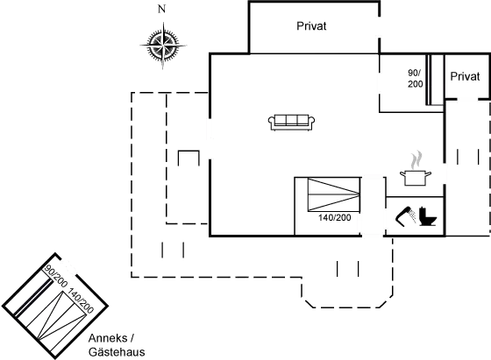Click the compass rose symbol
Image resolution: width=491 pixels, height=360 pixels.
[163, 46]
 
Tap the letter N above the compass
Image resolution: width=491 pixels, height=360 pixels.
[161, 10]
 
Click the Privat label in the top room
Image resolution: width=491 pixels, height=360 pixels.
[311, 26]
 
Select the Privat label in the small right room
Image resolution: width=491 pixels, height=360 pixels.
[465, 76]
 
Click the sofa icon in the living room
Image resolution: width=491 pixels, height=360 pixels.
[291, 123]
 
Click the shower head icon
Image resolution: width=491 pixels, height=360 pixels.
[406, 215]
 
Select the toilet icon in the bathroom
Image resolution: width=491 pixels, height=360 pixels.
[428, 216]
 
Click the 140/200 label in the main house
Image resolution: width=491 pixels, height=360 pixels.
[335, 218]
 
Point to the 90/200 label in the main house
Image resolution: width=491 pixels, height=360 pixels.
[415, 79]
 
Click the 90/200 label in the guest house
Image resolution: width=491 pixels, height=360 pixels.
[56, 276]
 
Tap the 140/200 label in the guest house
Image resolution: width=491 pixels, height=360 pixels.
[81, 301]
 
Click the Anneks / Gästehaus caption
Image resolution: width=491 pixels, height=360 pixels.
[117, 345]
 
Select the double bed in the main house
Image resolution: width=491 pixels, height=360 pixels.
[333, 194]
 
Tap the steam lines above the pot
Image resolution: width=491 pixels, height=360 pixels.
[416, 160]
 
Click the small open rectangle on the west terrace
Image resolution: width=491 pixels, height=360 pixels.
[189, 158]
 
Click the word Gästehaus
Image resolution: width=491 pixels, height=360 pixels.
[117, 352]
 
